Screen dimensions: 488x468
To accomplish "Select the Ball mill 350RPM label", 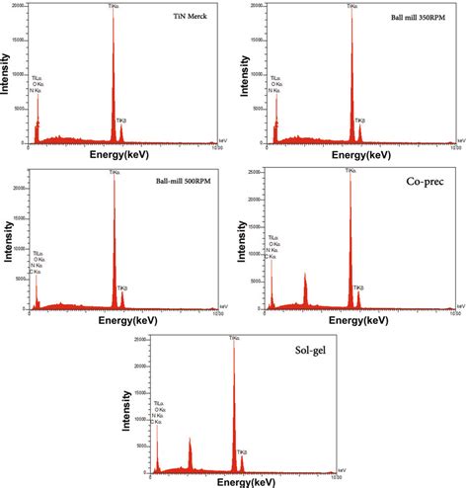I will pyautogui.click(x=414, y=19).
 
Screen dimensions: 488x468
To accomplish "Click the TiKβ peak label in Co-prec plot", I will pyautogui.click(x=360, y=286).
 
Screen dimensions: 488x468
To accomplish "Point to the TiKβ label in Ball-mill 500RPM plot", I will pyautogui.click(x=124, y=287).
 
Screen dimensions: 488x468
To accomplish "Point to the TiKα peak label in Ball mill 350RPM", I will pyautogui.click(x=352, y=7).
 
